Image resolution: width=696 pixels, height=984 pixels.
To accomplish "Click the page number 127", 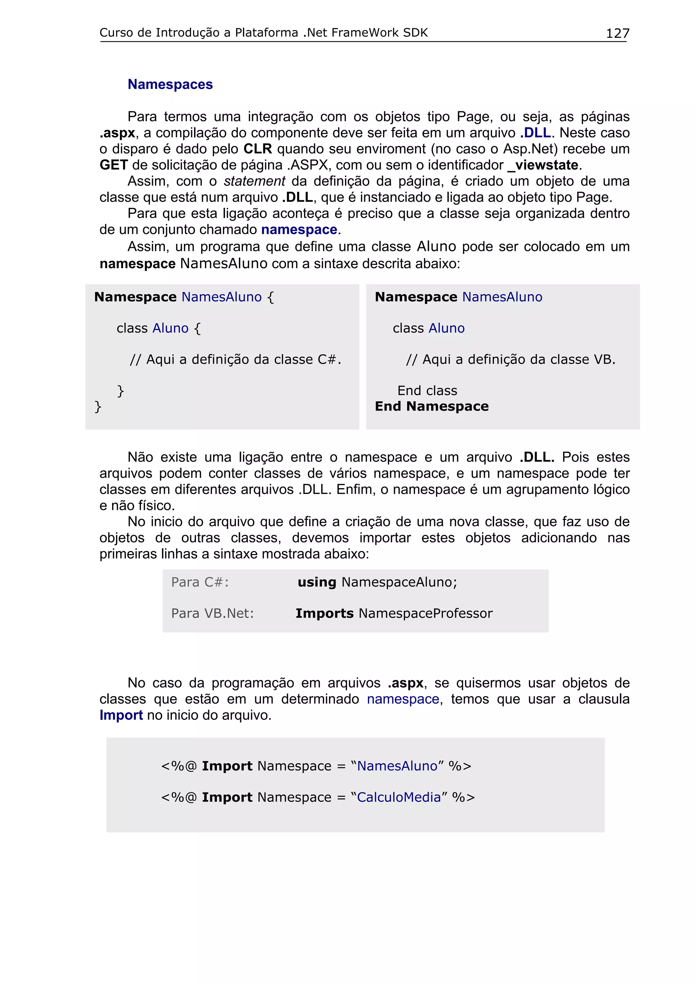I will coord(617,33).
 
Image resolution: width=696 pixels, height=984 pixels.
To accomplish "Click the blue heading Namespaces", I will coord(170,85).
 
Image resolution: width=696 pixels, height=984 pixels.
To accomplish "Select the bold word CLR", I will coord(258,149).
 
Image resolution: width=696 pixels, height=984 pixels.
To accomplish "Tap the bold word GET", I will coord(114,165).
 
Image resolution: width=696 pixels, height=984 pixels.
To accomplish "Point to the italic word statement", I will coord(254,181).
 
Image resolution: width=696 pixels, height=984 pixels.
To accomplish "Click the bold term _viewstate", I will coord(543,165).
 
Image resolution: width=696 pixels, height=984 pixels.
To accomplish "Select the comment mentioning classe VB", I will coord(510,359).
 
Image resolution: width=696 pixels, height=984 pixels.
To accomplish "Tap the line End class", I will coord(427,390).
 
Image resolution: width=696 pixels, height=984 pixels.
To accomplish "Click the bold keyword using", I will coord(317,582).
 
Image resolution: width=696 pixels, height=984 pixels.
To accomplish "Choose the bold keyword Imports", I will coord(324,613).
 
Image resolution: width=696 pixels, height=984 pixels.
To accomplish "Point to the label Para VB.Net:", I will coord(212,613).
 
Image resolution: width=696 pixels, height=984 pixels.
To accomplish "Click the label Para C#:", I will coord(200,582).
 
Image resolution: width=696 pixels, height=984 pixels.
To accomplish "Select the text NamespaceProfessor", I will coord(425,613).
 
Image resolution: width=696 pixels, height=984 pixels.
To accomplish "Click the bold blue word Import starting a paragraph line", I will coord(121,715).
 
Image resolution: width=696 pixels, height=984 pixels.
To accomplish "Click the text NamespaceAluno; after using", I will coord(399,582).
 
